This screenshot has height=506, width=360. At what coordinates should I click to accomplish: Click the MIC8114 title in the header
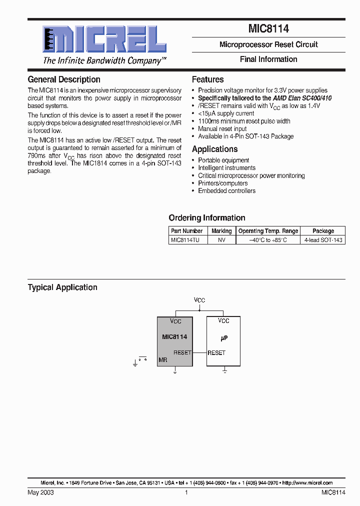[x=268, y=29]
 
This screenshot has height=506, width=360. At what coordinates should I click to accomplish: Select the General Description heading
[x=63, y=79]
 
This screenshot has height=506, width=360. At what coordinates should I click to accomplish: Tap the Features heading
[x=207, y=79]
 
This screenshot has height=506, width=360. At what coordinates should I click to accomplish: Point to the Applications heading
[x=214, y=149]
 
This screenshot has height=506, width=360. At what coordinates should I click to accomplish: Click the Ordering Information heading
[x=207, y=218]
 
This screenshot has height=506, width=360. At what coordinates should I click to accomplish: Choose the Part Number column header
[x=186, y=231]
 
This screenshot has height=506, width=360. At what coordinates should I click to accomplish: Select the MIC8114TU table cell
[x=185, y=240]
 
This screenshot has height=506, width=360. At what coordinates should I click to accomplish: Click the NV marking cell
[x=221, y=240]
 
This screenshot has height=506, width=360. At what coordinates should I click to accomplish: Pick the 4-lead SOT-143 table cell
[x=323, y=240]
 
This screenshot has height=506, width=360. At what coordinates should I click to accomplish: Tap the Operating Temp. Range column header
[x=268, y=231]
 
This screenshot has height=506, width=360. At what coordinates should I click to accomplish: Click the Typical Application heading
[x=62, y=287]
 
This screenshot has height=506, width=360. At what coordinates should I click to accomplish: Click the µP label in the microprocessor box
[x=224, y=338]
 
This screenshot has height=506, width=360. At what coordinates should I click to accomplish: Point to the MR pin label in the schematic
[x=162, y=360]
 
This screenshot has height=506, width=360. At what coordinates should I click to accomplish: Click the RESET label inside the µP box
[x=216, y=352]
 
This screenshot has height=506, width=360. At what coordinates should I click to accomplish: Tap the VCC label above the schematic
[x=199, y=300]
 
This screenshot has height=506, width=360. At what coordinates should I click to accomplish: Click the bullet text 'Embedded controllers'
[x=226, y=191]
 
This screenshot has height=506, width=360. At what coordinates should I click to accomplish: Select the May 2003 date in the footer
[x=40, y=492]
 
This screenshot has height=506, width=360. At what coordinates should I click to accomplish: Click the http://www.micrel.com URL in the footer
[x=307, y=483]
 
